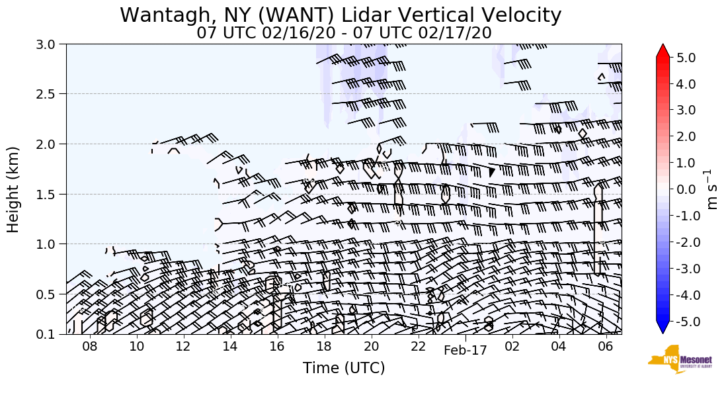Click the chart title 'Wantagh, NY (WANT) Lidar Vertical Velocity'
coord(341,15)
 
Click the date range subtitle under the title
coord(344,33)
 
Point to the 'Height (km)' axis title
coord(13,189)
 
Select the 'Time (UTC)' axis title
coord(344,368)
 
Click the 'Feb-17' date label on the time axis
coord(465,351)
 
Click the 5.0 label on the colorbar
coord(686,58)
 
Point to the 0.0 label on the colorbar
coord(686,190)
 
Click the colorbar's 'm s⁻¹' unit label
coord(713,190)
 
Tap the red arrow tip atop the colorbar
coord(663,49)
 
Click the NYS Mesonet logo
coord(675,360)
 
